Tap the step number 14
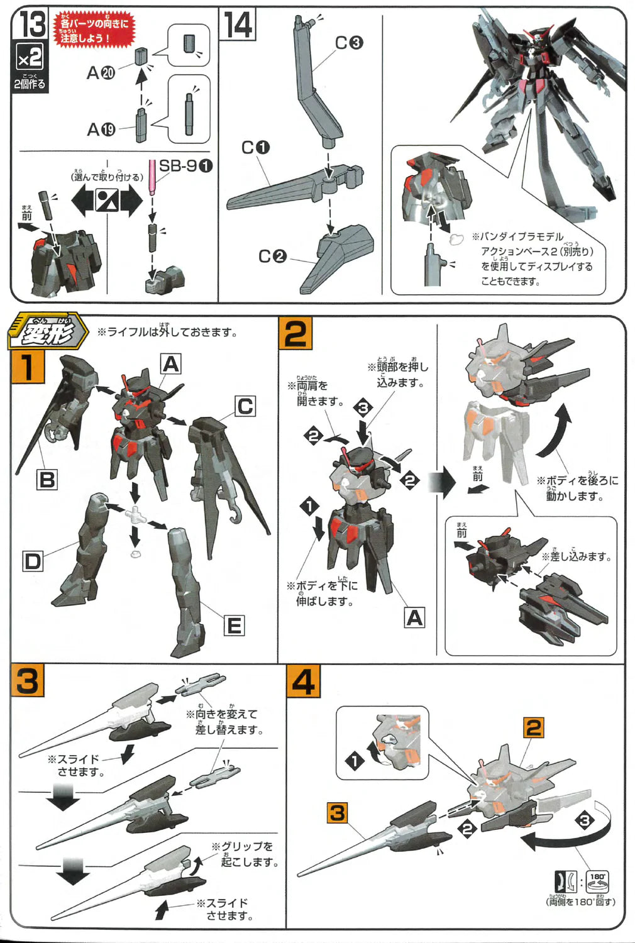point(238,25)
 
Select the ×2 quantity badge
point(30,58)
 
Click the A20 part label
point(101,74)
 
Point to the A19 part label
point(101,130)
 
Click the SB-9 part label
point(185,166)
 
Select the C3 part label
point(349,43)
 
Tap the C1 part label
point(255,147)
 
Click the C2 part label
point(272,256)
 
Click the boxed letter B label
point(47,480)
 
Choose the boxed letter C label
point(245,406)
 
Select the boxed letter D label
point(32,561)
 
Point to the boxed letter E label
point(233,626)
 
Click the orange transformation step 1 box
point(27,367)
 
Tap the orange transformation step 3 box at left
point(27,681)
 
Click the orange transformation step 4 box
point(303,682)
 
